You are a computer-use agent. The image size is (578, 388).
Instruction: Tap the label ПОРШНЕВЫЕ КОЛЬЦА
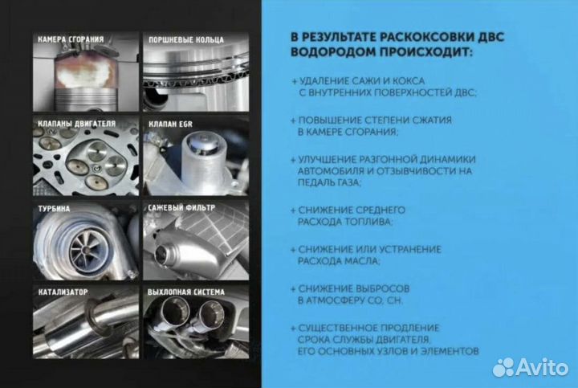pos(181,39)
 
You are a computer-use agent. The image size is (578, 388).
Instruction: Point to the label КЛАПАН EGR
pos(171,124)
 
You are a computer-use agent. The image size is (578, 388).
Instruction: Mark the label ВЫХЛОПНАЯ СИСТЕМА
pos(185,290)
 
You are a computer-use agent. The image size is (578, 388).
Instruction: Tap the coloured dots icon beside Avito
pos(504,366)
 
